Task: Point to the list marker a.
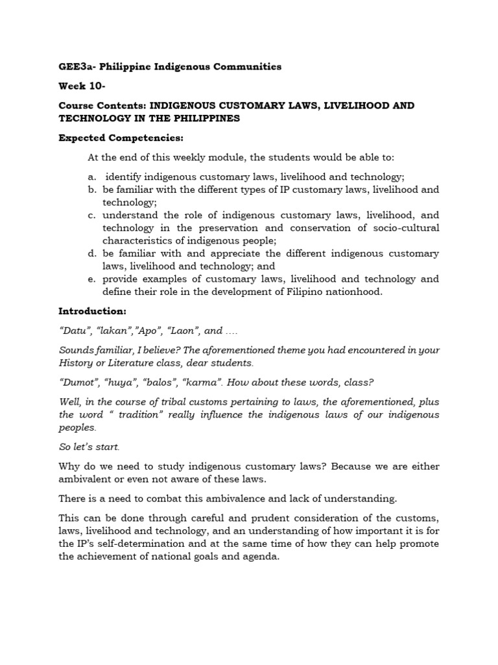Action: click(92, 177)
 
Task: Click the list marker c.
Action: click(92, 215)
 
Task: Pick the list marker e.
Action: click(92, 279)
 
